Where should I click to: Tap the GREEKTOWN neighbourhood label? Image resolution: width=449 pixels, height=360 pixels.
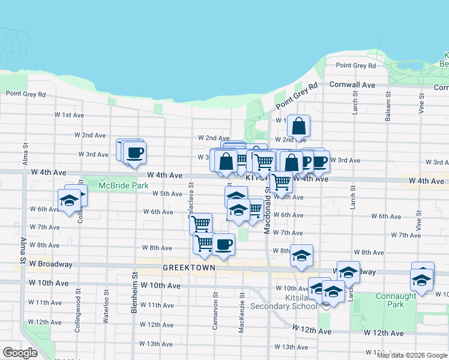coord(188,266)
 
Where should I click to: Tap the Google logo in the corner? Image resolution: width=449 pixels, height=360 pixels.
coord(20,353)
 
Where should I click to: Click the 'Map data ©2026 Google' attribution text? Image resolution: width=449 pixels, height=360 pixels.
coord(412,355)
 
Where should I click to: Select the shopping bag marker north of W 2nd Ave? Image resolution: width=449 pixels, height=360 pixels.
coord(298,127)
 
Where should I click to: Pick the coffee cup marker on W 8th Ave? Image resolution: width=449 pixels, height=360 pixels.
coord(223,245)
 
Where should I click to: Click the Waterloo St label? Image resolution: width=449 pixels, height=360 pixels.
coord(106,299)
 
